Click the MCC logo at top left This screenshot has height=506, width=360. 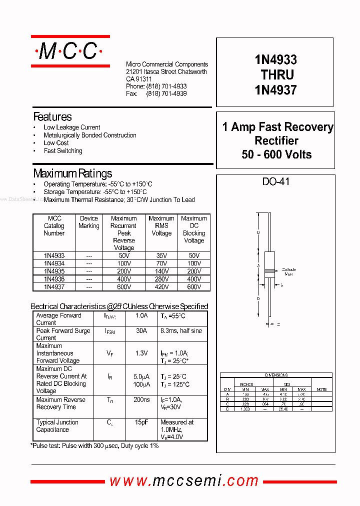click(x=70, y=51)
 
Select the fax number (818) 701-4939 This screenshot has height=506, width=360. click(x=166, y=94)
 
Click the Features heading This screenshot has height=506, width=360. click(x=52, y=117)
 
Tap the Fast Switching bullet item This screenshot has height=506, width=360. click(x=63, y=150)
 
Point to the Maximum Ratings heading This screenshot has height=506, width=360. click(x=72, y=173)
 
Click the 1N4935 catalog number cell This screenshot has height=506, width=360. click(x=54, y=271)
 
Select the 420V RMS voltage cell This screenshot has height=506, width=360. click(x=161, y=287)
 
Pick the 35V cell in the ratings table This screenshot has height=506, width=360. click(x=161, y=255)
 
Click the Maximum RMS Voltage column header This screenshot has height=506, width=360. click(x=161, y=225)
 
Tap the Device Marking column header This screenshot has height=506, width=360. click(x=89, y=222)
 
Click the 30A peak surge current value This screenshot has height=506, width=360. click(x=141, y=331)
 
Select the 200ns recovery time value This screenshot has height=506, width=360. click(x=141, y=400)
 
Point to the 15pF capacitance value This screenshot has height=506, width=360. click(x=141, y=422)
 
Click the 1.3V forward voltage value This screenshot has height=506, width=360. click(x=141, y=353)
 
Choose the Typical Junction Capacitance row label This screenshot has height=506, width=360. click(x=57, y=426)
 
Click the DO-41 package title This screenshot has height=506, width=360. click(x=276, y=181)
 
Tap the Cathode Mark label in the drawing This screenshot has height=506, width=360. click(x=288, y=272)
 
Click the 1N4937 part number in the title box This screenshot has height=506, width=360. click(x=275, y=90)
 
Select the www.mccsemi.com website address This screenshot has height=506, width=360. click(x=184, y=481)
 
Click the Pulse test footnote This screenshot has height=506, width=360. click(x=95, y=445)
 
